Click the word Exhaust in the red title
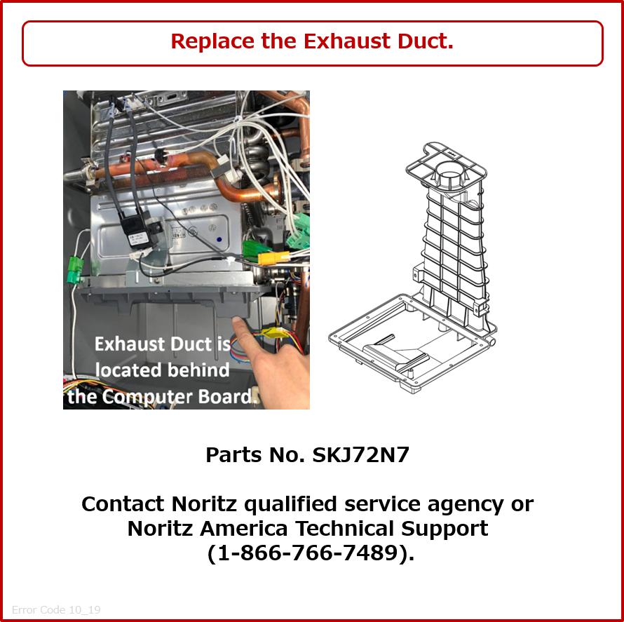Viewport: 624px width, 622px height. coord(346,41)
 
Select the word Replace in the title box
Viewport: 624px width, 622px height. coord(212,41)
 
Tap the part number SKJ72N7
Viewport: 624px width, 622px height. coord(360,455)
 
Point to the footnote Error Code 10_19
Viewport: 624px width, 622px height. coord(56,609)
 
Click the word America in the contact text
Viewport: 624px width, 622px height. coord(243,529)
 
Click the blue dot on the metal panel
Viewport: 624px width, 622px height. coord(219,240)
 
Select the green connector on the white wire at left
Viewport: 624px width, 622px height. coord(74,269)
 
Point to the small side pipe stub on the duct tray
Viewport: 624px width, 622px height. coord(491,342)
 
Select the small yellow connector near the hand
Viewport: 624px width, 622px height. coord(275,332)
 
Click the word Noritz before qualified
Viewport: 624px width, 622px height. coord(204,504)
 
